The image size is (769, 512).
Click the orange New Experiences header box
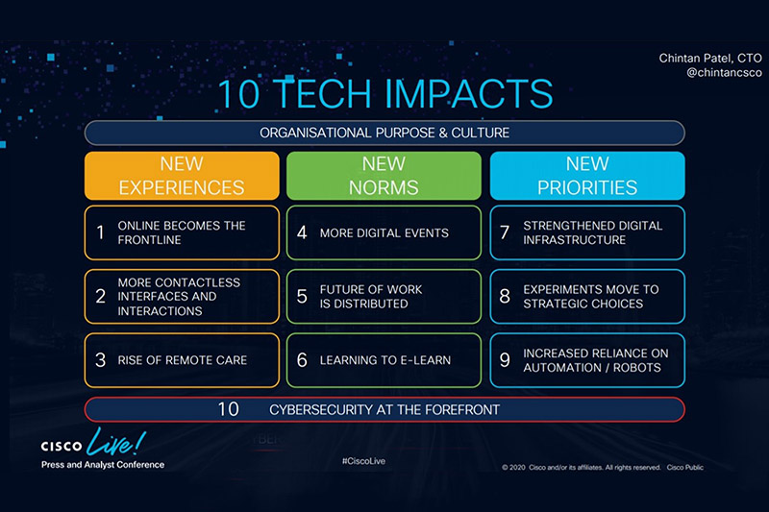[x=182, y=176]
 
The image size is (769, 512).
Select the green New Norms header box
[x=384, y=176]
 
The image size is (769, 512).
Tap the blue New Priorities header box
[x=587, y=176]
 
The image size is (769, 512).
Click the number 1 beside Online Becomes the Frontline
[x=101, y=232]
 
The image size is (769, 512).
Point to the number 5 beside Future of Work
[x=302, y=296]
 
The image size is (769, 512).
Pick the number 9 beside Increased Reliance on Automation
[x=505, y=360]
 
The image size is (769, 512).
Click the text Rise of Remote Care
[x=183, y=360]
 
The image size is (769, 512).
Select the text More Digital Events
[x=384, y=232]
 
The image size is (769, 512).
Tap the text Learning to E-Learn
[x=385, y=360]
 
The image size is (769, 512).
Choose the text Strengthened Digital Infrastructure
[x=592, y=232]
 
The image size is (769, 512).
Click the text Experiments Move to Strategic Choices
[x=591, y=297]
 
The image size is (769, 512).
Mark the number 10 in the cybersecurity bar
[x=228, y=409]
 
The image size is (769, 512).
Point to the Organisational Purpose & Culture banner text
[x=384, y=133]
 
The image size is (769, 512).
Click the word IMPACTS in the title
[x=468, y=93]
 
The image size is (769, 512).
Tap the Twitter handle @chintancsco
[x=724, y=73]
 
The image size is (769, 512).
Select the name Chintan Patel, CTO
[x=710, y=59]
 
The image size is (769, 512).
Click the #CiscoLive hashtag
[x=363, y=461]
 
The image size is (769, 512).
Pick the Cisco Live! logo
[x=93, y=442]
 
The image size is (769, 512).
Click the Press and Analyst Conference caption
[x=103, y=465]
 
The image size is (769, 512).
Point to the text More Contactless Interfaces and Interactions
[x=179, y=297]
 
